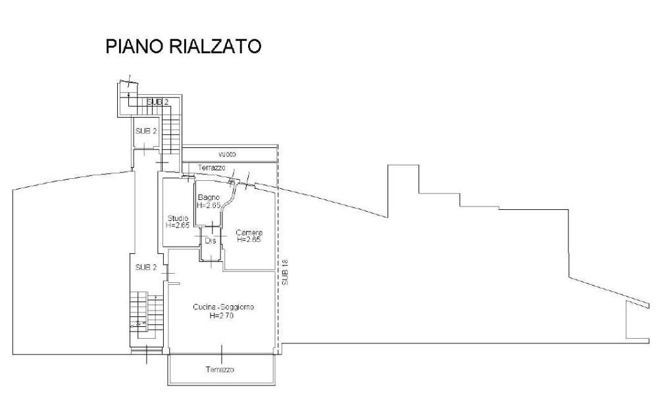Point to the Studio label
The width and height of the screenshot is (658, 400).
(178, 218)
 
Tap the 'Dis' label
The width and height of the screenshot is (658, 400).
(211, 241)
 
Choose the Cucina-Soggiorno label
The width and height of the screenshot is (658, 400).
(224, 307)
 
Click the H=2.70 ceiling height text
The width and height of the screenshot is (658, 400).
(222, 316)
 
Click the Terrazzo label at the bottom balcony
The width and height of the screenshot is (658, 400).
(219, 370)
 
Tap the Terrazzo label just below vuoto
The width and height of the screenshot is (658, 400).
(211, 168)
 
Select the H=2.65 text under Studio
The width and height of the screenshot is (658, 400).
(178, 226)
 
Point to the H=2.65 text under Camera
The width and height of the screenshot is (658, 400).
(249, 240)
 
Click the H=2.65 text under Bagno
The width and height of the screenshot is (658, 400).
(209, 205)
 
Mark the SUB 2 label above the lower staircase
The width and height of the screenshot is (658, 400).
(145, 267)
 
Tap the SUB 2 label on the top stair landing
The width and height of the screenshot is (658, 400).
(158, 101)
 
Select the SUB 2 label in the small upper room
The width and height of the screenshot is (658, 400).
(146, 131)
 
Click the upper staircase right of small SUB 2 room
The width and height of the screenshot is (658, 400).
(171, 134)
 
